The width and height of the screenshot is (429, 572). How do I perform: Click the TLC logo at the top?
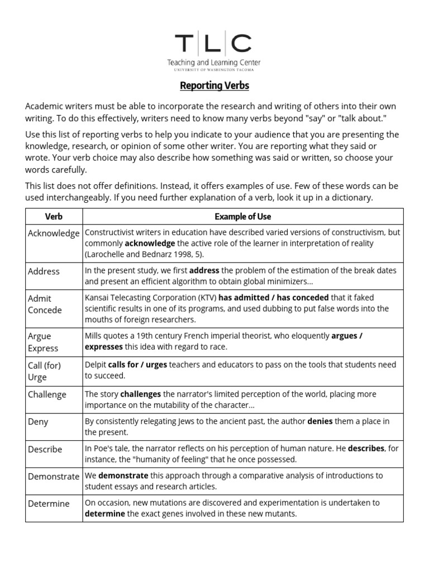[x=214, y=44]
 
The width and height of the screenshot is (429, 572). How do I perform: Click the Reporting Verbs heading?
[x=214, y=85]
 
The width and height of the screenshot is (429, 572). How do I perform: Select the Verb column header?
[x=54, y=216]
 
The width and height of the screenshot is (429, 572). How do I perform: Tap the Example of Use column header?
[x=242, y=216]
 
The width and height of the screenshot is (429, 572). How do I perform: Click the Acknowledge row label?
[x=54, y=233]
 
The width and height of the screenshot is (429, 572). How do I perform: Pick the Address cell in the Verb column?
[x=44, y=271]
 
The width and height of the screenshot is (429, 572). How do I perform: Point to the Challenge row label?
[x=47, y=394]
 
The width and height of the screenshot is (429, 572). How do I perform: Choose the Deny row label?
[x=38, y=422]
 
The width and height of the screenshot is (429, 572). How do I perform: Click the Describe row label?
[x=45, y=449]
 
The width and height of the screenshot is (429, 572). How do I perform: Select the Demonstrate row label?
[x=54, y=476]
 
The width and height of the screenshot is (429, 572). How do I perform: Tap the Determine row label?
[x=49, y=503]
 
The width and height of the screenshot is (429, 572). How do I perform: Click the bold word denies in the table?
[x=320, y=421]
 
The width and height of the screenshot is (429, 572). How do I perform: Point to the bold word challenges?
[x=140, y=394]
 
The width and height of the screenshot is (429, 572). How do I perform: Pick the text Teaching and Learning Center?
[x=214, y=63]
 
